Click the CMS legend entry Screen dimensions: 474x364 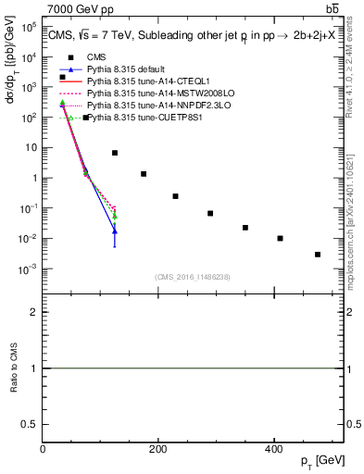click(x=95, y=57)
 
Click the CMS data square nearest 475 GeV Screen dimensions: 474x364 click(x=317, y=255)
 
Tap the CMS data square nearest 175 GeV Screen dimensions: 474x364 click(x=144, y=174)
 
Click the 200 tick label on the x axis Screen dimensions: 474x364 click(x=157, y=448)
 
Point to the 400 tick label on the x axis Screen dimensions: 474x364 click(x=272, y=448)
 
